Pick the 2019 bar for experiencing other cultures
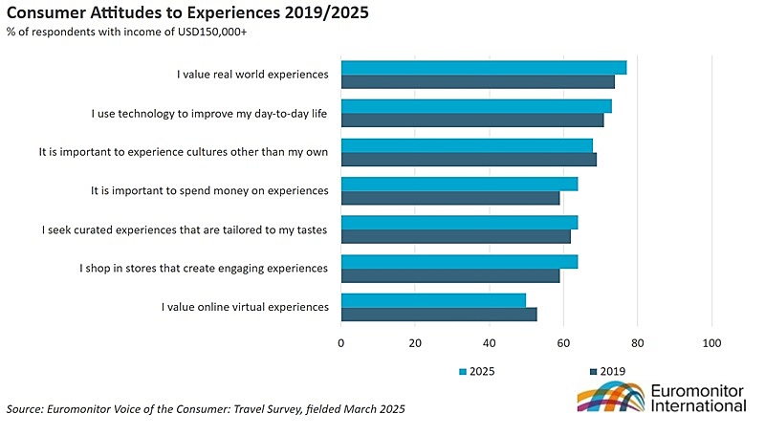coord(469,160)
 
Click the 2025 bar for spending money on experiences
coord(459,184)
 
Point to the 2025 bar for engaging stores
coord(459,261)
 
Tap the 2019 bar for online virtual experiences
coord(439,314)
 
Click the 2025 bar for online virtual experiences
coord(433,299)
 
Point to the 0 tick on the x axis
coord(341,343)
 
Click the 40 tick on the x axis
coord(490,343)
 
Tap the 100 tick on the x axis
coord(711,343)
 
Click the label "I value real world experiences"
coord(252,74)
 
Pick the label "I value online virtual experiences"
coord(245,306)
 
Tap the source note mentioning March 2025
coord(206,409)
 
